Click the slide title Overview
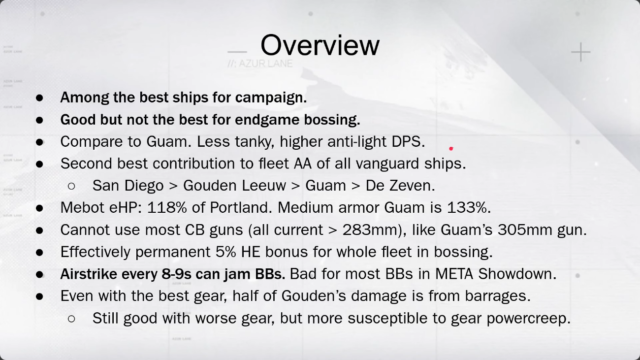click(320, 45)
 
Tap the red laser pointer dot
click(451, 149)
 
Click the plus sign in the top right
click(581, 52)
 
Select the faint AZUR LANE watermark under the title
click(260, 64)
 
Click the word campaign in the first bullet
click(271, 98)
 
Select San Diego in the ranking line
click(128, 186)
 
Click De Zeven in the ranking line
click(400, 186)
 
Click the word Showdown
click(517, 274)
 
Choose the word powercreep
click(528, 319)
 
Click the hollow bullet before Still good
click(72, 319)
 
